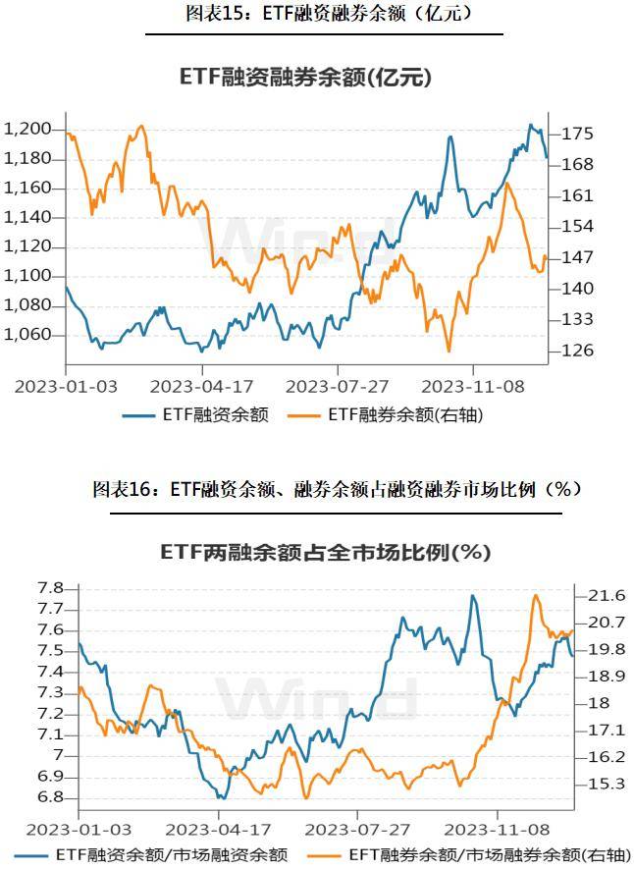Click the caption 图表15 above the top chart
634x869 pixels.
324,14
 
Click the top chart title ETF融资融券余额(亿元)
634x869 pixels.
305,77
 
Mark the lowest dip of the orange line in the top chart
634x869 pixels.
449,351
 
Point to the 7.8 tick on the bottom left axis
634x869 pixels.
50,588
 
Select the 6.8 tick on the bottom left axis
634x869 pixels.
50,797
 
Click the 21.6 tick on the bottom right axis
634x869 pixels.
606,595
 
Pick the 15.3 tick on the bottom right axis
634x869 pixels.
606,784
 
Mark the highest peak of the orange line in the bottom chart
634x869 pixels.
536,595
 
